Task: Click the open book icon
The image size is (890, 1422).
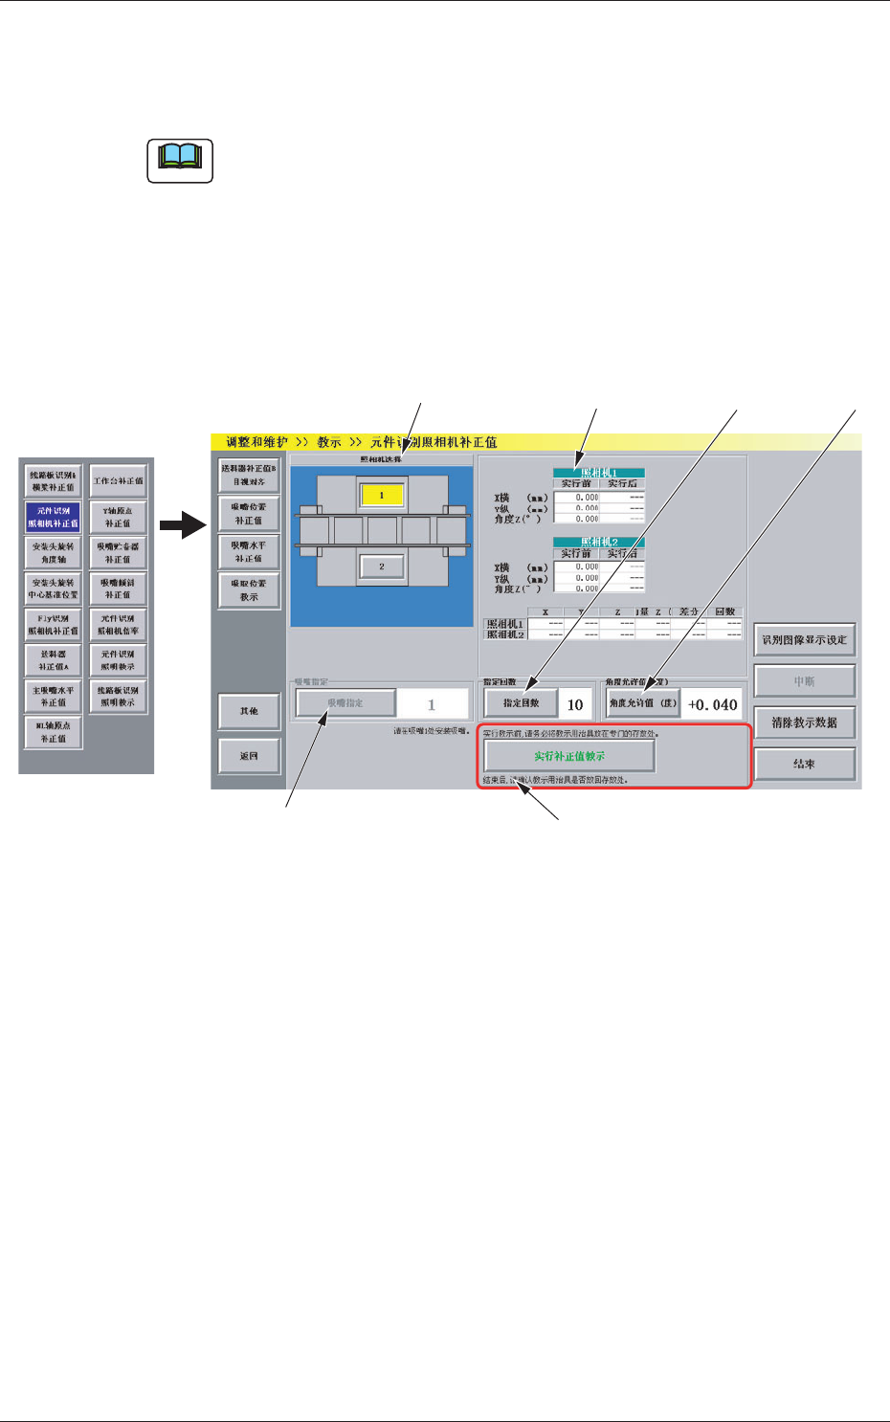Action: point(179,160)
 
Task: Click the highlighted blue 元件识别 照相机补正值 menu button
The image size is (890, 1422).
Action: point(54,517)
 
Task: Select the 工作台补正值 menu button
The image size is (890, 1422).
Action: point(119,481)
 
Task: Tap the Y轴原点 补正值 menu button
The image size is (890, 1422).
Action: point(119,517)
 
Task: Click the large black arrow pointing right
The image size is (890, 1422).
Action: point(184,525)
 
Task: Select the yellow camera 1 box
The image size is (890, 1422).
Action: point(381,496)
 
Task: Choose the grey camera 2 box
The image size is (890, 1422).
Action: point(381,567)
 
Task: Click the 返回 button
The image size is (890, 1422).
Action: point(249,756)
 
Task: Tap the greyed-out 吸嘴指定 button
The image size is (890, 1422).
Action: point(345,703)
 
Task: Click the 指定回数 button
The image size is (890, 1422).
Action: point(521,703)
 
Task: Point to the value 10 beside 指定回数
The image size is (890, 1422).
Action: point(575,704)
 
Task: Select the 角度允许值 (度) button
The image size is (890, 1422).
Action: point(643,703)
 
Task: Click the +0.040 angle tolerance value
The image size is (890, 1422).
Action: point(713,704)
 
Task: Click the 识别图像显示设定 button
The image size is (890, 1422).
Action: point(804,639)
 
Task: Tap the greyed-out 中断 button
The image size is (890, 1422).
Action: point(804,681)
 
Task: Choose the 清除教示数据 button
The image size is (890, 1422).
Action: point(804,722)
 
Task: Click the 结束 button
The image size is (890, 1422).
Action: point(804,764)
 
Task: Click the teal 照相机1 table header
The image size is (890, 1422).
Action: point(599,473)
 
